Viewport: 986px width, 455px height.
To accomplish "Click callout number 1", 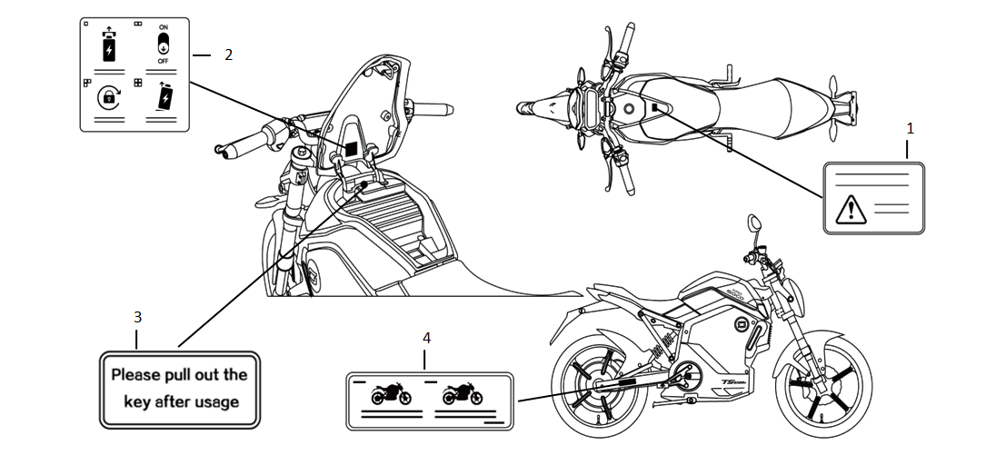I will point(910,128).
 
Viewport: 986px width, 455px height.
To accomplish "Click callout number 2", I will point(228,54).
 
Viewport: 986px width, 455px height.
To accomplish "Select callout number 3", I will point(137,317).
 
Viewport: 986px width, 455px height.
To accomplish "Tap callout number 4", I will point(426,337).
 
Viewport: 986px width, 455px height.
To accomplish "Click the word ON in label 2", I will point(164,28).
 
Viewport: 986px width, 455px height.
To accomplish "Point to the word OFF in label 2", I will point(164,61).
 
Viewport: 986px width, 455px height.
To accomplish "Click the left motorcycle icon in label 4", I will point(391,395).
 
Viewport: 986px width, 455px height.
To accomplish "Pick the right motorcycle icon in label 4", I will point(463,394).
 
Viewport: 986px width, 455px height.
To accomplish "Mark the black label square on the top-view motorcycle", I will point(655,107).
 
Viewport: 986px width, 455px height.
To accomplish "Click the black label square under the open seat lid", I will point(349,148).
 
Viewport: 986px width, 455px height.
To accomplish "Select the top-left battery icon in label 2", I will point(109,46).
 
